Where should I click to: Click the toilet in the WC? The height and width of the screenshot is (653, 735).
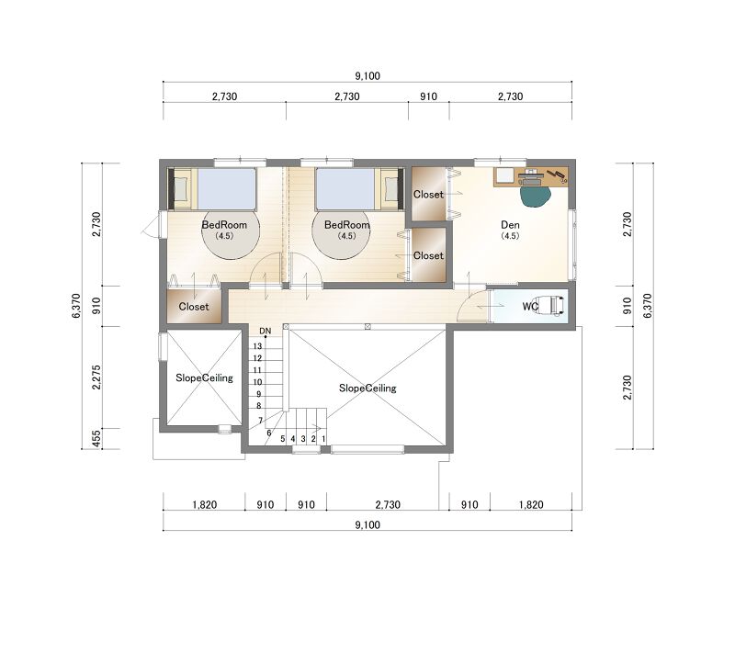(551, 306)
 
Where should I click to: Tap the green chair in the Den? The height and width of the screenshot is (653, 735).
(535, 197)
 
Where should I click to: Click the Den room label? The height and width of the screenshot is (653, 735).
(510, 225)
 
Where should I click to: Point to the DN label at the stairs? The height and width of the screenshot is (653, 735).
(266, 331)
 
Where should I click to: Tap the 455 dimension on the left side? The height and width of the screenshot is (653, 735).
(96, 439)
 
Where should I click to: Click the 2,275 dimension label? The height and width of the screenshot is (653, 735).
(96, 377)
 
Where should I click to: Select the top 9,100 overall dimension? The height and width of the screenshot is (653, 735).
(367, 76)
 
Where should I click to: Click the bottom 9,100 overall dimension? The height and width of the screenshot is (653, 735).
(367, 524)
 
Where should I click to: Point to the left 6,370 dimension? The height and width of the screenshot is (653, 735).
(76, 306)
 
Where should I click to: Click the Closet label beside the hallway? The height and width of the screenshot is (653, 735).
(194, 307)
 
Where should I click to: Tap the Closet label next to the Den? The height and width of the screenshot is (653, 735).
(428, 195)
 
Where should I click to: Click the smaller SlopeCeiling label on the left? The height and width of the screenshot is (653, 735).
(204, 378)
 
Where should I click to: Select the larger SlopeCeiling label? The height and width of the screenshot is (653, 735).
(367, 388)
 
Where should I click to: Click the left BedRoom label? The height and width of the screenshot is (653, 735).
(224, 225)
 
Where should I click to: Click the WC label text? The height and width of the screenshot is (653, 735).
(530, 307)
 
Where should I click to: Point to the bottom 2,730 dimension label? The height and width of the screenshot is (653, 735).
(388, 504)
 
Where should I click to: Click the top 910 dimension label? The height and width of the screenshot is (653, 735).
(428, 96)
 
